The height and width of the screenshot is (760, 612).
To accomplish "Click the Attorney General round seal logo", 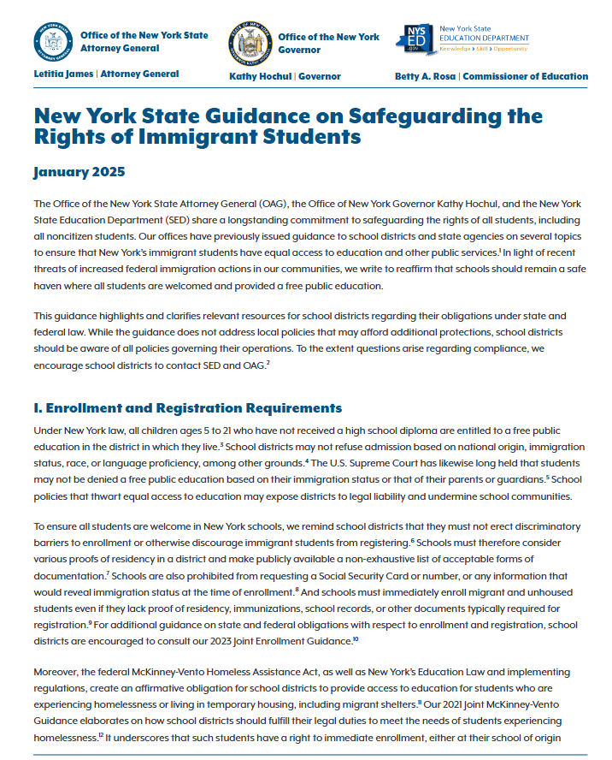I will click(x=51, y=42).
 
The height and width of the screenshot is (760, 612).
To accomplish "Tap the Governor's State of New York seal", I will click(x=250, y=42).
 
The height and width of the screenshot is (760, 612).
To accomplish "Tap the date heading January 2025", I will click(x=79, y=172).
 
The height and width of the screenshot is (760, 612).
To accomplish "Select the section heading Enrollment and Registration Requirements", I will click(x=195, y=407).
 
